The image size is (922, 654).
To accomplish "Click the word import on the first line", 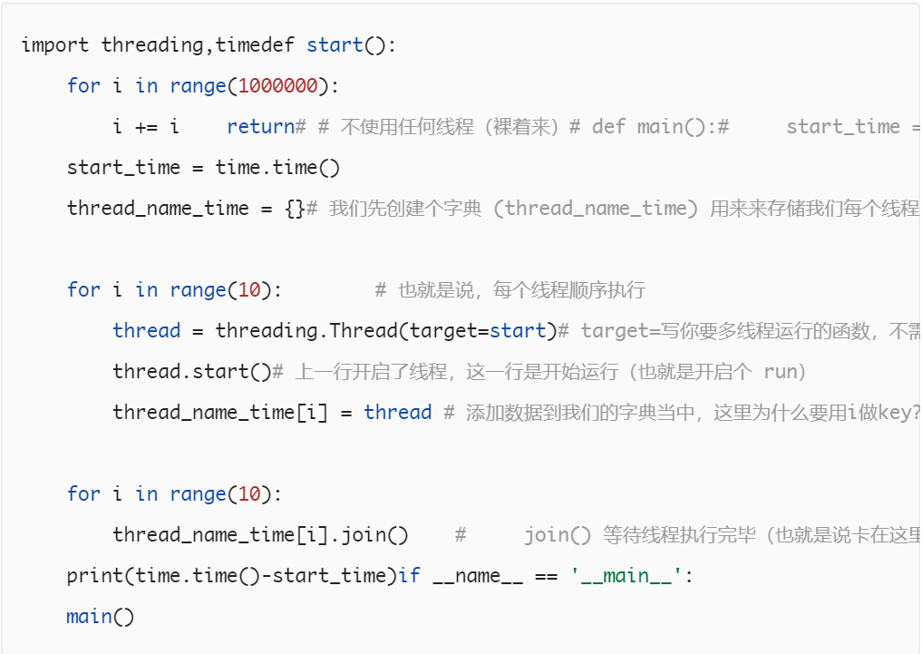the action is (x=54, y=45).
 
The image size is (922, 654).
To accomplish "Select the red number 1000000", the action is (x=278, y=86).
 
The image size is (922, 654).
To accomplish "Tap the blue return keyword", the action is (x=261, y=127).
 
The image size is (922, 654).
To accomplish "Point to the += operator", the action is (x=147, y=127).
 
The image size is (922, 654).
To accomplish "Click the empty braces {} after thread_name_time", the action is (x=295, y=209).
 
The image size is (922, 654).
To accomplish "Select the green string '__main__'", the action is (x=626, y=576).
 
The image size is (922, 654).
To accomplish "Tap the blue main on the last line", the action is (x=89, y=617).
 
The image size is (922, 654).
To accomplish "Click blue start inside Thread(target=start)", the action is (x=518, y=331).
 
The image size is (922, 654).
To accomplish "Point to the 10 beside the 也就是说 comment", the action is (x=249, y=290).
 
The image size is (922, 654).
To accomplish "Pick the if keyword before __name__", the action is (x=410, y=576).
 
